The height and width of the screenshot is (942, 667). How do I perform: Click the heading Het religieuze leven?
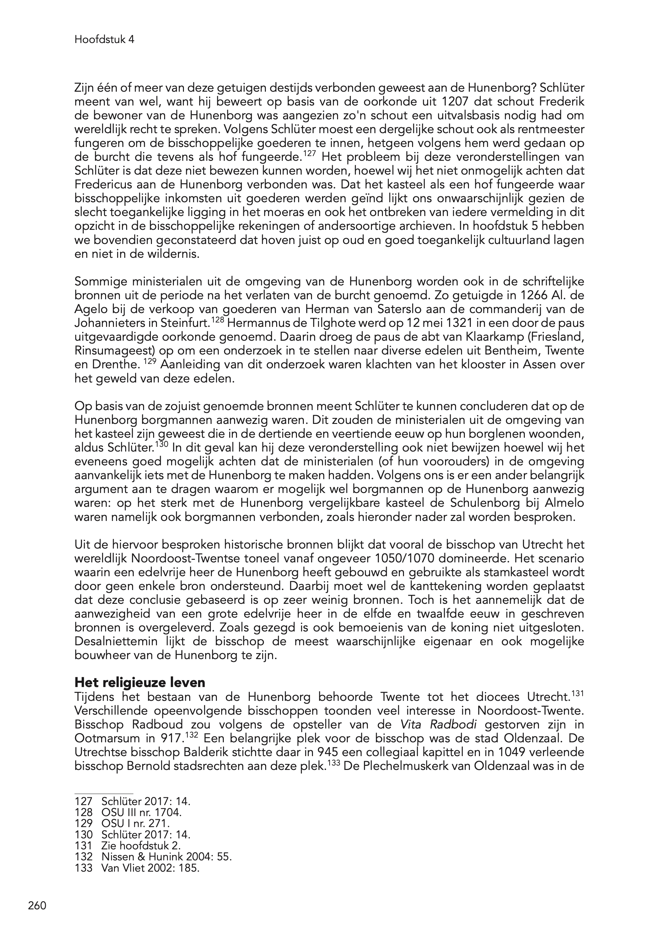pos(140,682)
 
